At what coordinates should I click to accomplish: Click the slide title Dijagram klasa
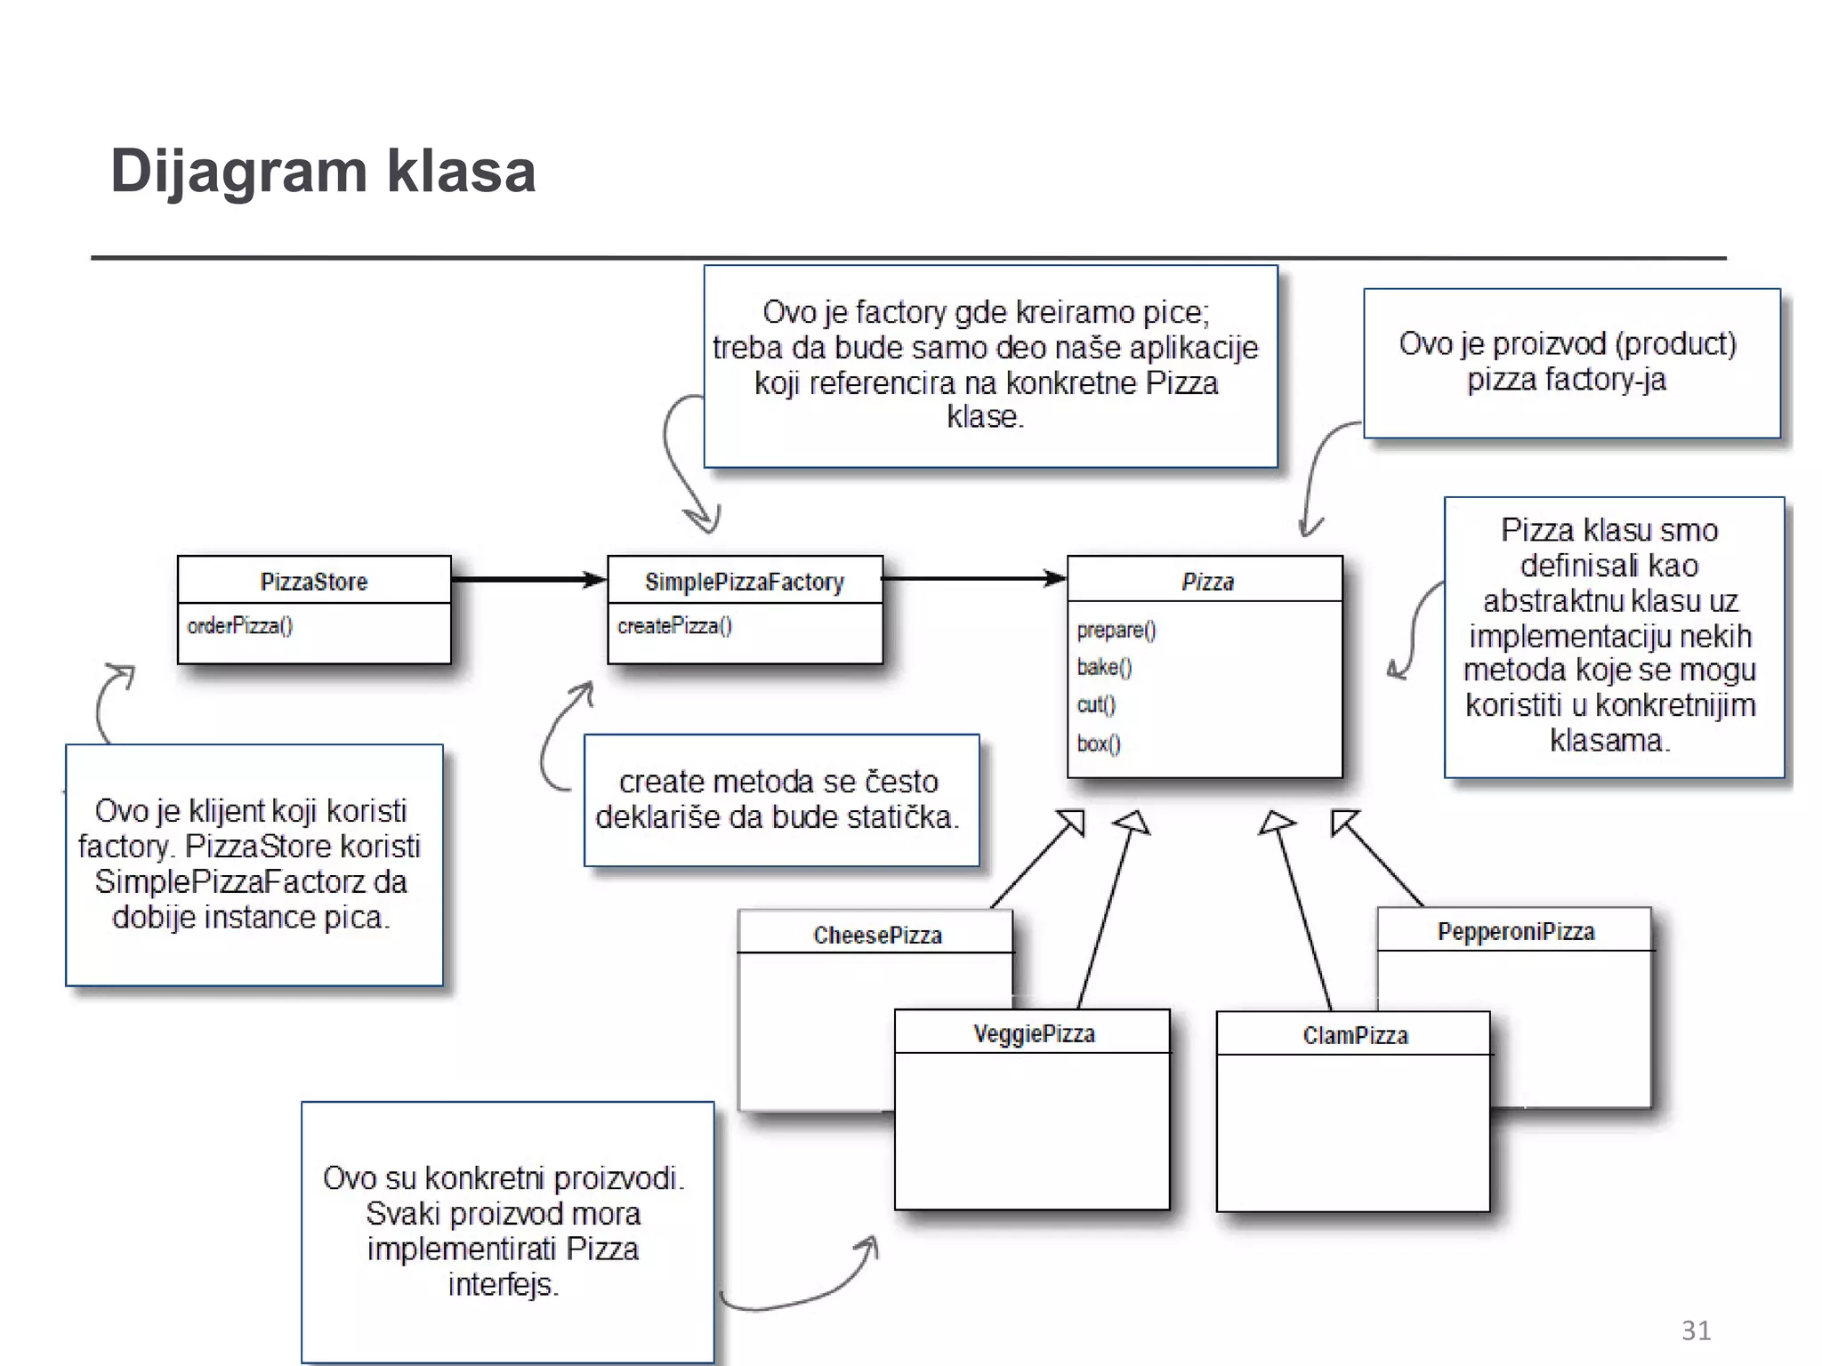(x=322, y=171)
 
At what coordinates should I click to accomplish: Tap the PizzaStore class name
(x=313, y=582)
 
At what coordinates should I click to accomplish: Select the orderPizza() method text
(x=239, y=626)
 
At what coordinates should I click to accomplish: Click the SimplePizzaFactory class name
(x=744, y=582)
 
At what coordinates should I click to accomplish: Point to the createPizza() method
(x=674, y=626)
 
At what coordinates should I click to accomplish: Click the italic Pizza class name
(x=1207, y=582)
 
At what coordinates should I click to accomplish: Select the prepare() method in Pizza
(x=1116, y=631)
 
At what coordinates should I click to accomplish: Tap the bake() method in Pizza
(x=1103, y=667)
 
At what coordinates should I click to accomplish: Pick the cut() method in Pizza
(x=1095, y=704)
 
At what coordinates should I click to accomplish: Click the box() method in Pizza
(x=1098, y=743)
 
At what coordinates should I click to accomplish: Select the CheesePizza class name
(x=877, y=935)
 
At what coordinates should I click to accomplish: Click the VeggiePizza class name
(x=1034, y=1033)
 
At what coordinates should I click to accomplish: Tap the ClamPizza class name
(x=1355, y=1035)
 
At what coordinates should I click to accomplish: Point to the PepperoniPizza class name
(x=1515, y=931)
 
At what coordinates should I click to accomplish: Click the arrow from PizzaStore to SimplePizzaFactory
(x=528, y=580)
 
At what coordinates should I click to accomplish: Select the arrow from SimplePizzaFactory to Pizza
(x=974, y=579)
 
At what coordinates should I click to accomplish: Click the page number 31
(x=1696, y=1330)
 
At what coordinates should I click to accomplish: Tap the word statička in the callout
(x=900, y=817)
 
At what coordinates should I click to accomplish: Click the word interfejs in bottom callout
(x=503, y=1285)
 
